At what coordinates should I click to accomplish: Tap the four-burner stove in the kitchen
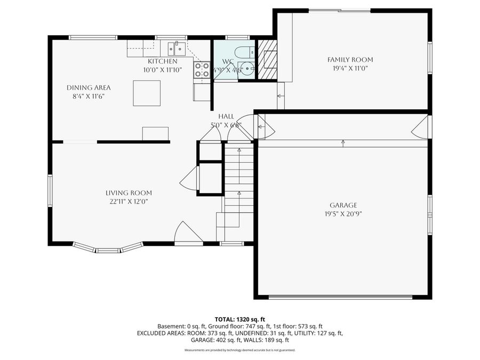pyautogui.click(x=202, y=70)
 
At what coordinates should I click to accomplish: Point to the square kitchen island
pyautogui.click(x=147, y=94)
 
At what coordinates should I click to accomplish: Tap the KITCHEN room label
pyautogui.click(x=163, y=62)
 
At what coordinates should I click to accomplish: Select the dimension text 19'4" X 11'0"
pyautogui.click(x=350, y=68)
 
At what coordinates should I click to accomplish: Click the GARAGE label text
pyautogui.click(x=343, y=205)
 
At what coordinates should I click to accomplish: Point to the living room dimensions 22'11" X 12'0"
pyautogui.click(x=129, y=202)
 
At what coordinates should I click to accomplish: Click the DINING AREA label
pyautogui.click(x=89, y=87)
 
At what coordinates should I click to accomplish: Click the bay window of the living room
pyautogui.click(x=108, y=247)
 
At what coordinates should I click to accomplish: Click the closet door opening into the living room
pyautogui.click(x=189, y=178)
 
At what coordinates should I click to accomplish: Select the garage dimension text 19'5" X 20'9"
pyautogui.click(x=343, y=213)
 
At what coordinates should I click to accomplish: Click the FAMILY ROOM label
pyautogui.click(x=350, y=60)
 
